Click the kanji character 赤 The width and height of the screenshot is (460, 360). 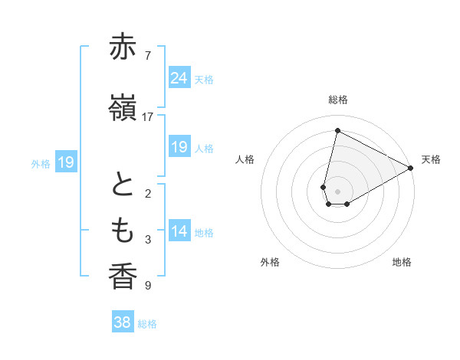(x=123, y=47)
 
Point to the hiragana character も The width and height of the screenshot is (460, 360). (x=123, y=230)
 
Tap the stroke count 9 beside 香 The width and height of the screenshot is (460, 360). (x=147, y=286)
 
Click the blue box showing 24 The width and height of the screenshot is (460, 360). (x=179, y=78)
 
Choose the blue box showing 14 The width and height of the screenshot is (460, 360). (x=179, y=231)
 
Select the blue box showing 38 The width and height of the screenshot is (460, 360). (x=122, y=322)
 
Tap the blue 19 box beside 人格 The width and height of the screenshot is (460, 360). (x=179, y=147)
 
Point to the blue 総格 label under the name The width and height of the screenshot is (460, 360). (x=148, y=324)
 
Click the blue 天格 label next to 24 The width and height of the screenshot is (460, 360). (x=204, y=80)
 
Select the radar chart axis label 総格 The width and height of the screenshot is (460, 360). (x=338, y=100)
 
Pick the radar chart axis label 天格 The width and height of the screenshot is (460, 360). (x=431, y=159)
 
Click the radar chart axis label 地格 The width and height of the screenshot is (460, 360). (x=402, y=262)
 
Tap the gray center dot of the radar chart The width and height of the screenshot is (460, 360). (x=337, y=191)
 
